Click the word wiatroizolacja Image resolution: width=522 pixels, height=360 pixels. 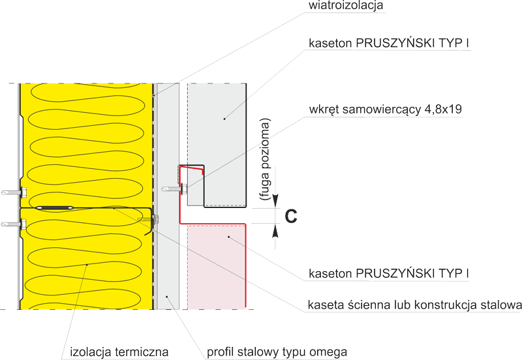pos(346,5)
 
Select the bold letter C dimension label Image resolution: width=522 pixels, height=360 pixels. pos(291,217)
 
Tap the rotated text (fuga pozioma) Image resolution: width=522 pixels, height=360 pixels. pos(266,159)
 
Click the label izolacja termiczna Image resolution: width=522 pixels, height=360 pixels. pos(119,352)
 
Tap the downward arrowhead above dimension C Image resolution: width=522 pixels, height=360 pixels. pos(275,201)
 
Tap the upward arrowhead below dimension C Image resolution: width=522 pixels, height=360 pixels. pos(275,231)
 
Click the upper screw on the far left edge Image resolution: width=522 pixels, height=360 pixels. pos(14,192)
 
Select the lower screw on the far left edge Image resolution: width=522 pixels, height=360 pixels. pos(14,224)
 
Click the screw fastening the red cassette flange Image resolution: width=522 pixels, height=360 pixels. pos(175,188)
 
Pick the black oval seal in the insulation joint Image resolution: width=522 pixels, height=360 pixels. pos(55,207)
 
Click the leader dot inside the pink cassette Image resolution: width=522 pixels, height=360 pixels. pos(229,237)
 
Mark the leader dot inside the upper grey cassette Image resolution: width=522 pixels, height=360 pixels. pos(224,119)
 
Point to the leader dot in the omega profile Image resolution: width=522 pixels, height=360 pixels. pos(168,296)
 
